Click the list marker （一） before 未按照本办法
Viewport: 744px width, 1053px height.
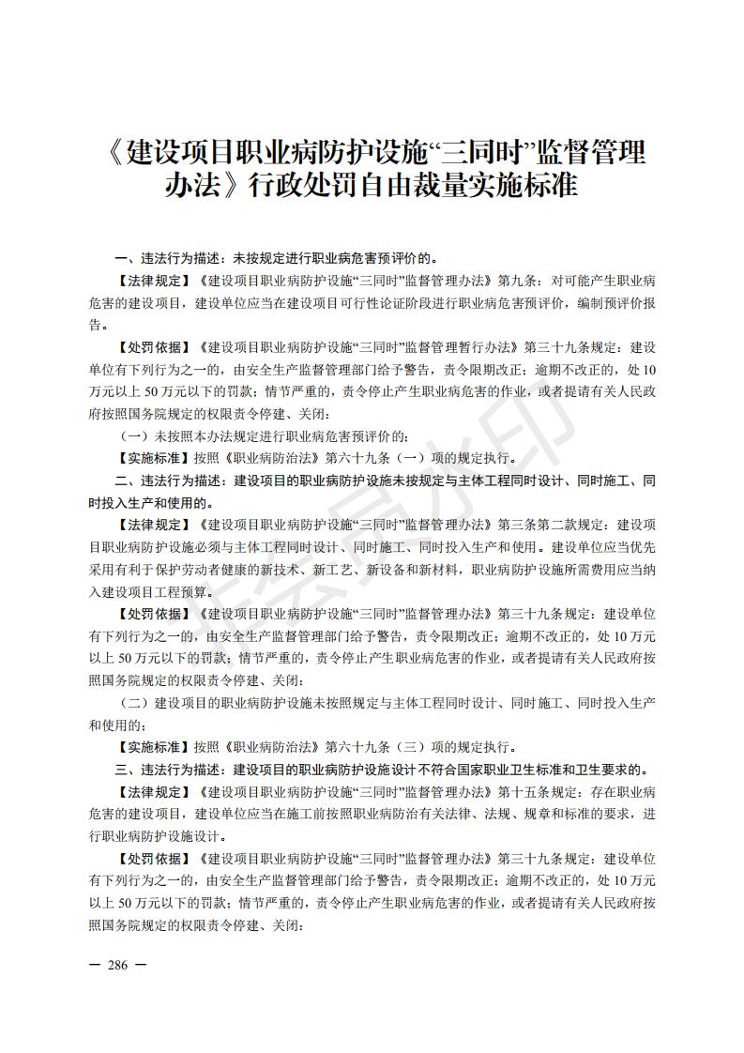pos(135,435)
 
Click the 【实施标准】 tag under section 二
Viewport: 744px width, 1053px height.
pos(154,748)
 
